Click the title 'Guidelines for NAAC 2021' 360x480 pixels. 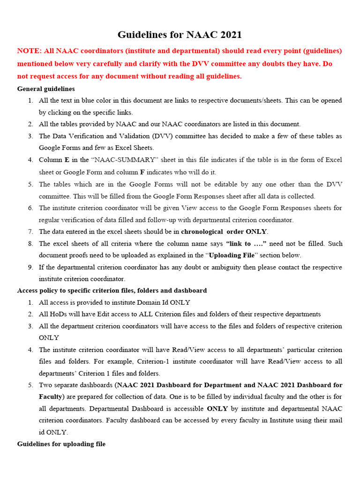click(180, 35)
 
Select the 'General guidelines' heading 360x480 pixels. click(46, 89)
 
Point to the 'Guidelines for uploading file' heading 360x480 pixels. click(61, 443)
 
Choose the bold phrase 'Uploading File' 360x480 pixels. click(232, 255)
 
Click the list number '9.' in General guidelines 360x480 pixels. click(30, 267)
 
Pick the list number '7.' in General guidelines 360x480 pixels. click(30, 232)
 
